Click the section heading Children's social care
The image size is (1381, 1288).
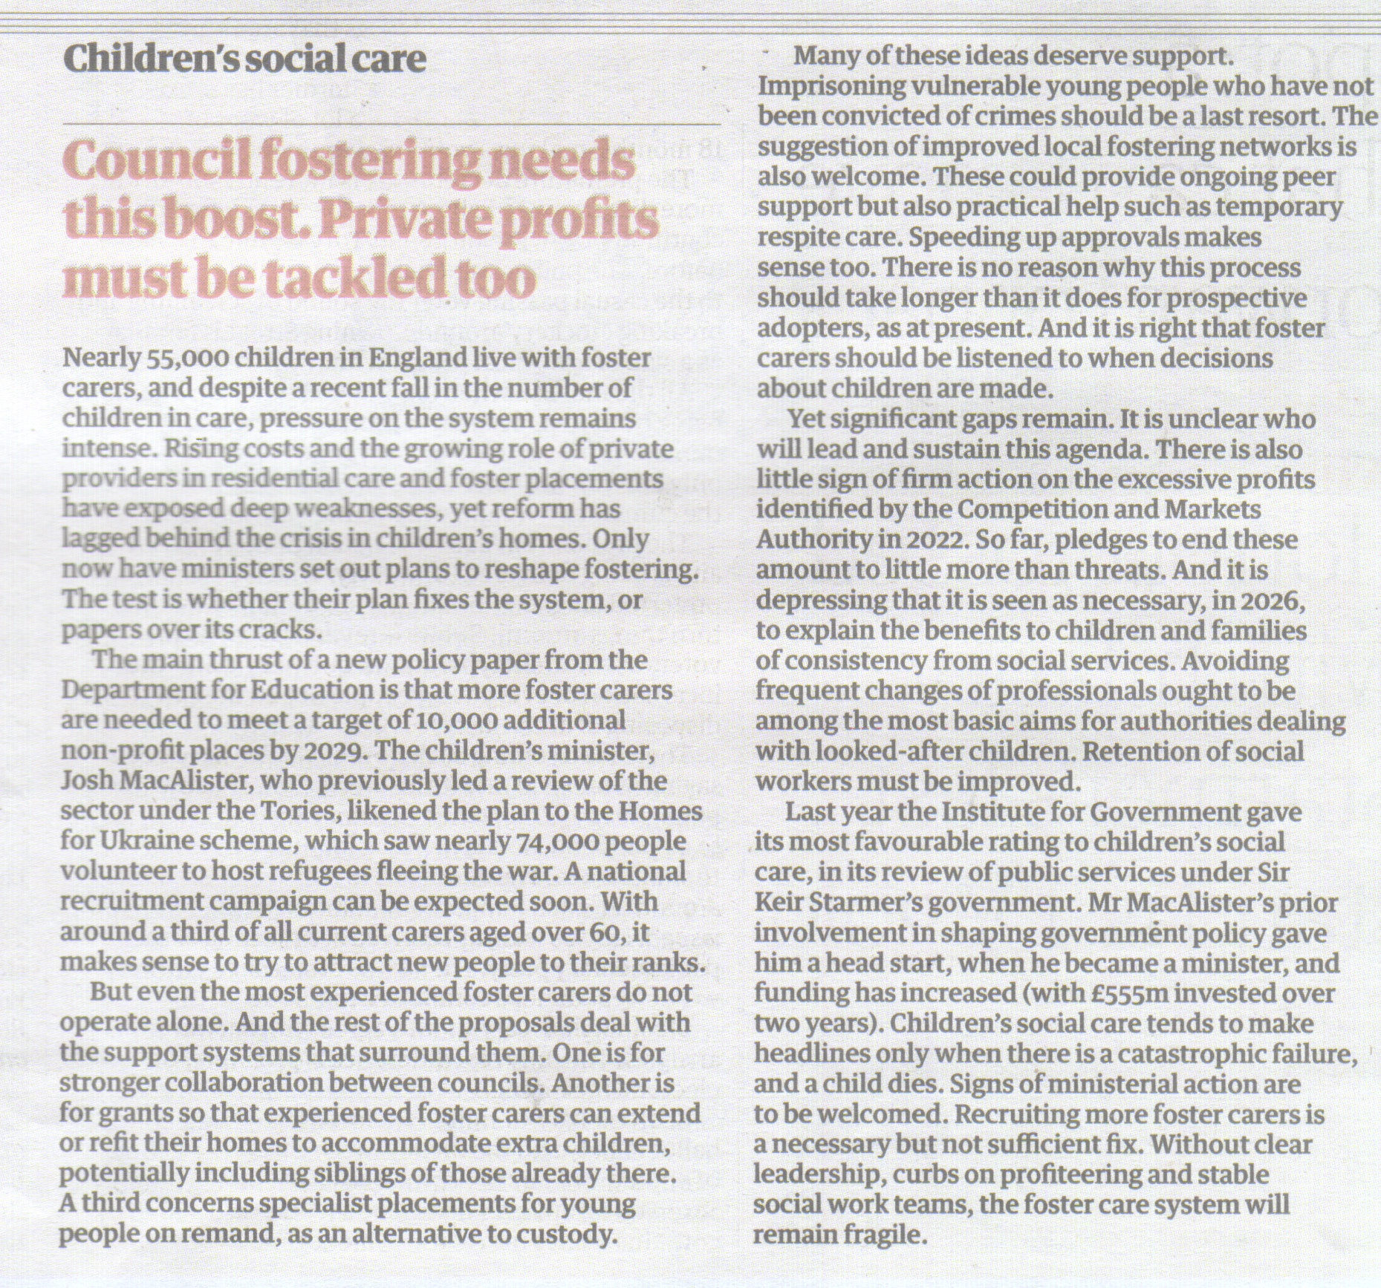[244, 59]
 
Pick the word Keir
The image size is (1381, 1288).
[779, 903]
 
